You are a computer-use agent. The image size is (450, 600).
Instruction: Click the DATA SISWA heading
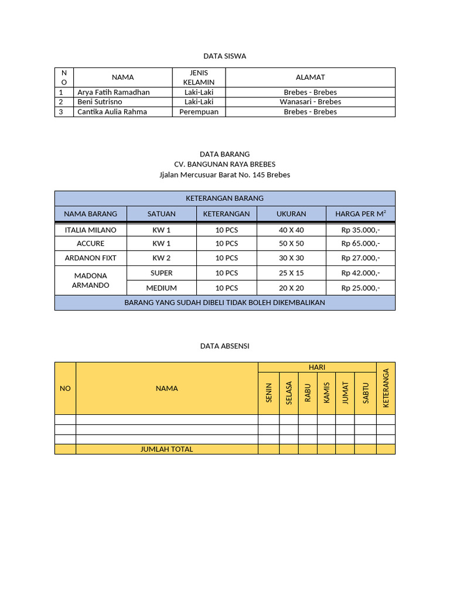pyautogui.click(x=224, y=56)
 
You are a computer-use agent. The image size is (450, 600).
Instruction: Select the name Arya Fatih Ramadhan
pyautogui.click(x=114, y=92)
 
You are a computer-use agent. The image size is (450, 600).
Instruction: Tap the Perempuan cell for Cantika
pyautogui.click(x=199, y=111)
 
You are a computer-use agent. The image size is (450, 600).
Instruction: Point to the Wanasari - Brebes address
pyautogui.click(x=310, y=101)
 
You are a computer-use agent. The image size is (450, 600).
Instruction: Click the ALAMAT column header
pyautogui.click(x=310, y=77)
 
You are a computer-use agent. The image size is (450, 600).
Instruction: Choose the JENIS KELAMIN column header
pyautogui.click(x=199, y=77)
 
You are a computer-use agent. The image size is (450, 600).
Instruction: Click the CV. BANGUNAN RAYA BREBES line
pyautogui.click(x=224, y=164)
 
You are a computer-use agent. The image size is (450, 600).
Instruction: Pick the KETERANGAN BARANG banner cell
pyautogui.click(x=224, y=198)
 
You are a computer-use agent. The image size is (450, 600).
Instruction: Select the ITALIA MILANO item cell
pyautogui.click(x=91, y=230)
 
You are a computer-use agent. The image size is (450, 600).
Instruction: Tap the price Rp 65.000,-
pyautogui.click(x=360, y=243)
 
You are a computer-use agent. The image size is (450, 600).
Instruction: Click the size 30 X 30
pyautogui.click(x=291, y=258)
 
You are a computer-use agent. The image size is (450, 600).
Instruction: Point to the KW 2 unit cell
pyautogui.click(x=161, y=258)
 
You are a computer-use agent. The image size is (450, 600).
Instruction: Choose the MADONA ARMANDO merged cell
pyautogui.click(x=91, y=280)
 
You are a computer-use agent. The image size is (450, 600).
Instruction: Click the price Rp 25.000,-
pyautogui.click(x=360, y=288)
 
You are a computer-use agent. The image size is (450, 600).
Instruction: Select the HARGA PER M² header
pyautogui.click(x=360, y=214)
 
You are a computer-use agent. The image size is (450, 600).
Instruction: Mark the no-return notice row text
pyautogui.click(x=224, y=302)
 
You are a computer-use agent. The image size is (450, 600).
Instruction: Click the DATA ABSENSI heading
pyautogui.click(x=224, y=346)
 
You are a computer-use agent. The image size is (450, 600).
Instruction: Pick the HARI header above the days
pyautogui.click(x=317, y=367)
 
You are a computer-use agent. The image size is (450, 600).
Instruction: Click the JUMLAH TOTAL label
pyautogui.click(x=166, y=449)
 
